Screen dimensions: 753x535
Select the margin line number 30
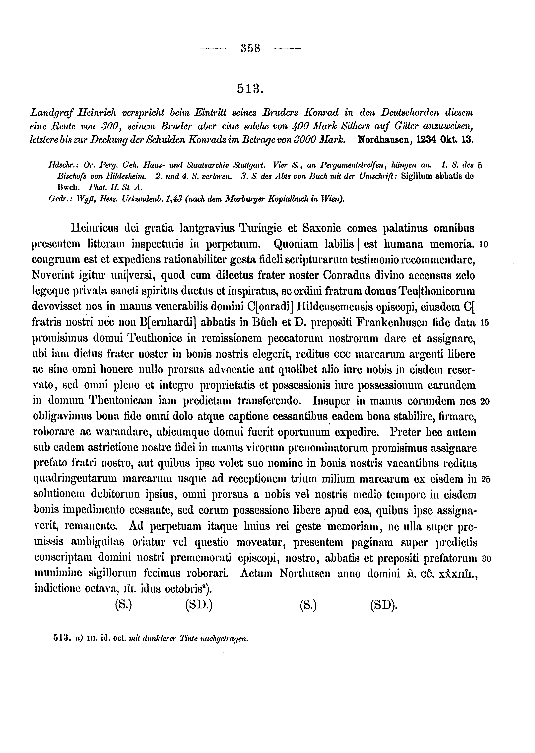coord(486,559)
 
